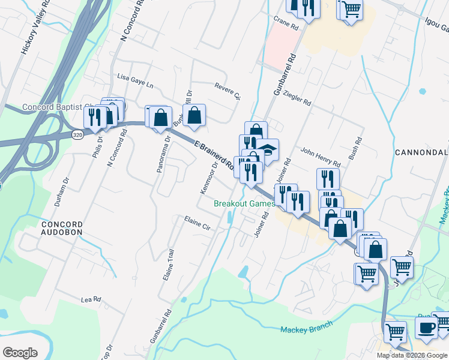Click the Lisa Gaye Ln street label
click(135, 79)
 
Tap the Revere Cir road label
click(228, 91)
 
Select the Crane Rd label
click(286, 23)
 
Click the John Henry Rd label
click(321, 158)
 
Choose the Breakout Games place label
click(244, 203)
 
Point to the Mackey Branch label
click(306, 329)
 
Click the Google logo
click(20, 353)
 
